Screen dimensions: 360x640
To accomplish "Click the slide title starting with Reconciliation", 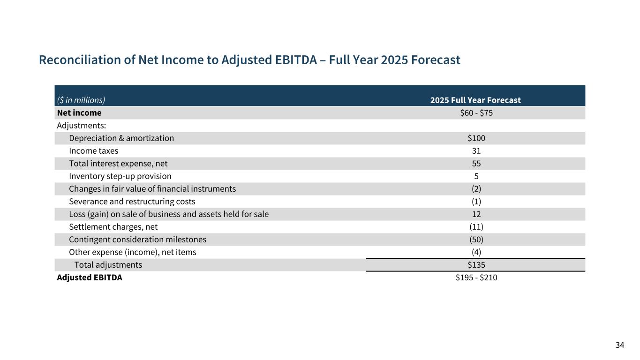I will (249, 60).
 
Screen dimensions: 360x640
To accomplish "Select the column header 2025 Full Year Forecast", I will (475, 100).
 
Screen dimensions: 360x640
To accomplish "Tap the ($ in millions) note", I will (81, 100).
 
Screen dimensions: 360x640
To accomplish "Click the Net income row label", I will (79, 113).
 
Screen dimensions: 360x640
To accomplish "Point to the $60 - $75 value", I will (476, 113).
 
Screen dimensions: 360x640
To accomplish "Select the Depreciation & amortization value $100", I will (476, 138).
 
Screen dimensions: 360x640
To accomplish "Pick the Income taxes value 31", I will (476, 151).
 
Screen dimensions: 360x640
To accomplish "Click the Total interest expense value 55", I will (476, 164).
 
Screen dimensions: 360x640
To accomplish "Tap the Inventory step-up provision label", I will (120, 176).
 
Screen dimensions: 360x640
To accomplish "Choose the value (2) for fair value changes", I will (476, 189).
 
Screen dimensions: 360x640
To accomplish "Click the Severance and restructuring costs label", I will (132, 202).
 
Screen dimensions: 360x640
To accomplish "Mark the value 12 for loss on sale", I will (476, 214).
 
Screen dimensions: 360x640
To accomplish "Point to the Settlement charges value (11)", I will (476, 227).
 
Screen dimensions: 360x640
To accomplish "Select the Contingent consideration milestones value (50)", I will (476, 240).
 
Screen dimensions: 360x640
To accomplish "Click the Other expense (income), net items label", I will (133, 252).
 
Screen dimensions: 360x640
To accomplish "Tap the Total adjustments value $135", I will (476, 265).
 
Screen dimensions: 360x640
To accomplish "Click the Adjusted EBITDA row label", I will (90, 277).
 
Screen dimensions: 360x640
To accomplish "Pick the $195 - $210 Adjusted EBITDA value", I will (476, 277).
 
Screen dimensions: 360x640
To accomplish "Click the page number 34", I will (620, 345).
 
